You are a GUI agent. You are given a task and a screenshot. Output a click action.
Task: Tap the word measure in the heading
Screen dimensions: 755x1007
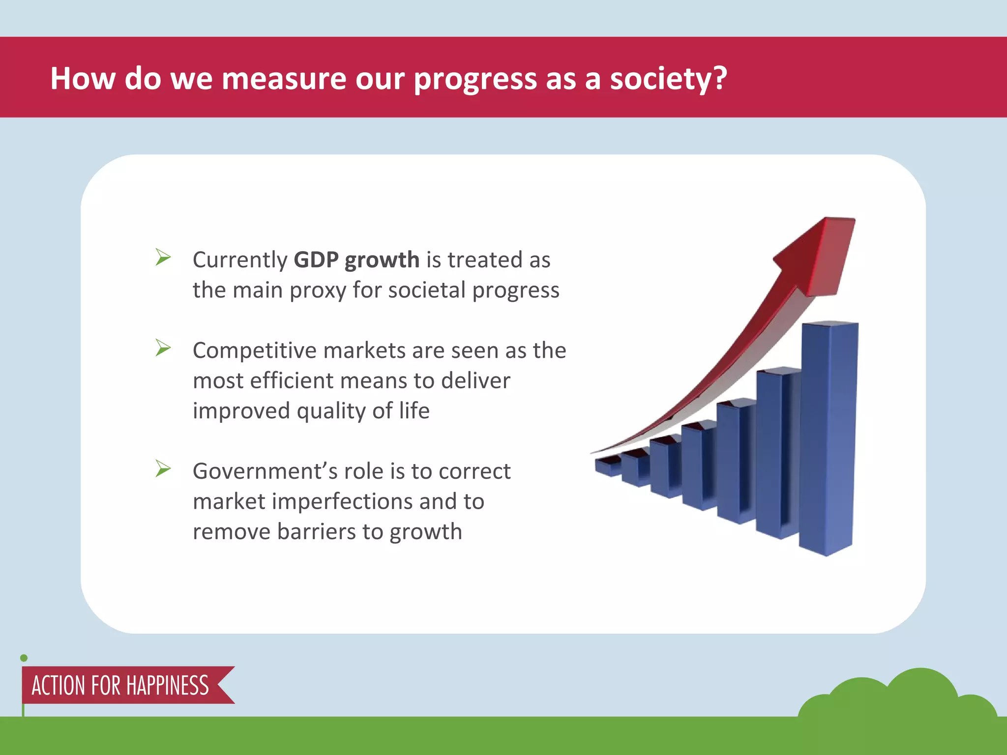(284, 79)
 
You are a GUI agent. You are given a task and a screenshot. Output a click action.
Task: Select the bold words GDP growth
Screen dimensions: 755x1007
(356, 260)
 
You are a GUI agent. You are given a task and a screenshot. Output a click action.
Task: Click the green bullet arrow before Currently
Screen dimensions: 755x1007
(163, 257)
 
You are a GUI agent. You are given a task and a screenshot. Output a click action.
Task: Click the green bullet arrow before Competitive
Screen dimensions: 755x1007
(163, 348)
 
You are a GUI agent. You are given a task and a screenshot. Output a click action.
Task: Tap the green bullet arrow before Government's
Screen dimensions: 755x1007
(163, 468)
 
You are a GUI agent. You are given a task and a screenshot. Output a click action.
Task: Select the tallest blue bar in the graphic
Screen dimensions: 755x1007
(828, 437)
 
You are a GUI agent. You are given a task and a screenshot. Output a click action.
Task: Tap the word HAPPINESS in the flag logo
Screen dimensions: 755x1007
(167, 686)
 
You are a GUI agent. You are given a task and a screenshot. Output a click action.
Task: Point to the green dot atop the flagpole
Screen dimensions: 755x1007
(24, 658)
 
